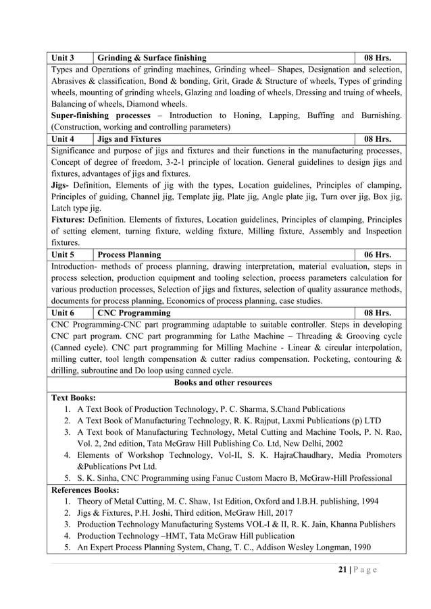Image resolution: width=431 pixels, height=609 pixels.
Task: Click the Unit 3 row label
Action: click(x=63, y=57)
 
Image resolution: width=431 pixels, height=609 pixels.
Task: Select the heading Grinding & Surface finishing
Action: click(x=152, y=57)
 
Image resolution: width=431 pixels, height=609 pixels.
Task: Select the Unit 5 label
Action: click(x=63, y=255)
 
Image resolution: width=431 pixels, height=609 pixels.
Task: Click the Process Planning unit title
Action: click(x=129, y=255)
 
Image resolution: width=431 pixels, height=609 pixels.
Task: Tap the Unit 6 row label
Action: click(x=63, y=313)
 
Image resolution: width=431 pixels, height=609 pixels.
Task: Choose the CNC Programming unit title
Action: click(x=134, y=313)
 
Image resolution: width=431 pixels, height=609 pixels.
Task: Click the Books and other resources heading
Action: click(x=223, y=383)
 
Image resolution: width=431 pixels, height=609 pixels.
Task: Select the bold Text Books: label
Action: click(x=74, y=398)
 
